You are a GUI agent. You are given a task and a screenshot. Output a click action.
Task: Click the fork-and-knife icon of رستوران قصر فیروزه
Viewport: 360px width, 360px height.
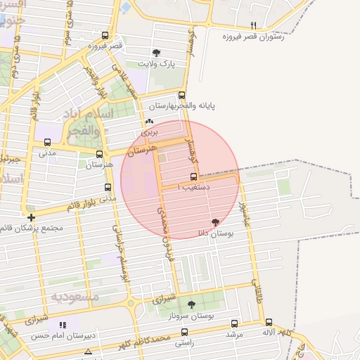click(x=255, y=25)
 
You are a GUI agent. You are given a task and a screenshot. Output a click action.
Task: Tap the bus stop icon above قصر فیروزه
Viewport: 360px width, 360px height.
click(x=105, y=35)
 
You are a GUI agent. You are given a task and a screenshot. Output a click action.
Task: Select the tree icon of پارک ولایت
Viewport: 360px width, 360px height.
click(x=155, y=52)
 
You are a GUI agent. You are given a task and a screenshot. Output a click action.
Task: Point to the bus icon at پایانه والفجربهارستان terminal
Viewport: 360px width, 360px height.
click(x=182, y=96)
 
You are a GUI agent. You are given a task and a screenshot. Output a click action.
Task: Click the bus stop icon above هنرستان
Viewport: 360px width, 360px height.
click(x=99, y=155)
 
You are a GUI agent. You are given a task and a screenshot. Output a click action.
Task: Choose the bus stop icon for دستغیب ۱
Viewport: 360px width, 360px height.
click(x=193, y=177)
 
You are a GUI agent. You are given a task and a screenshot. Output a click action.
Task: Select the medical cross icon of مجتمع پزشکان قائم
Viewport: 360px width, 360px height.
click(x=31, y=217)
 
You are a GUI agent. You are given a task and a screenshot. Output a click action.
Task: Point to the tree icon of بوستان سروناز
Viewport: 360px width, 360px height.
click(x=191, y=304)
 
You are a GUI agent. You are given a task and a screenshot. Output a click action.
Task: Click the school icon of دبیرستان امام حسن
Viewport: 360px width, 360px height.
click(x=63, y=325)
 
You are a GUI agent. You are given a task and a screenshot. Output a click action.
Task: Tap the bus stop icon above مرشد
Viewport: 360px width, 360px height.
click(x=234, y=323)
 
